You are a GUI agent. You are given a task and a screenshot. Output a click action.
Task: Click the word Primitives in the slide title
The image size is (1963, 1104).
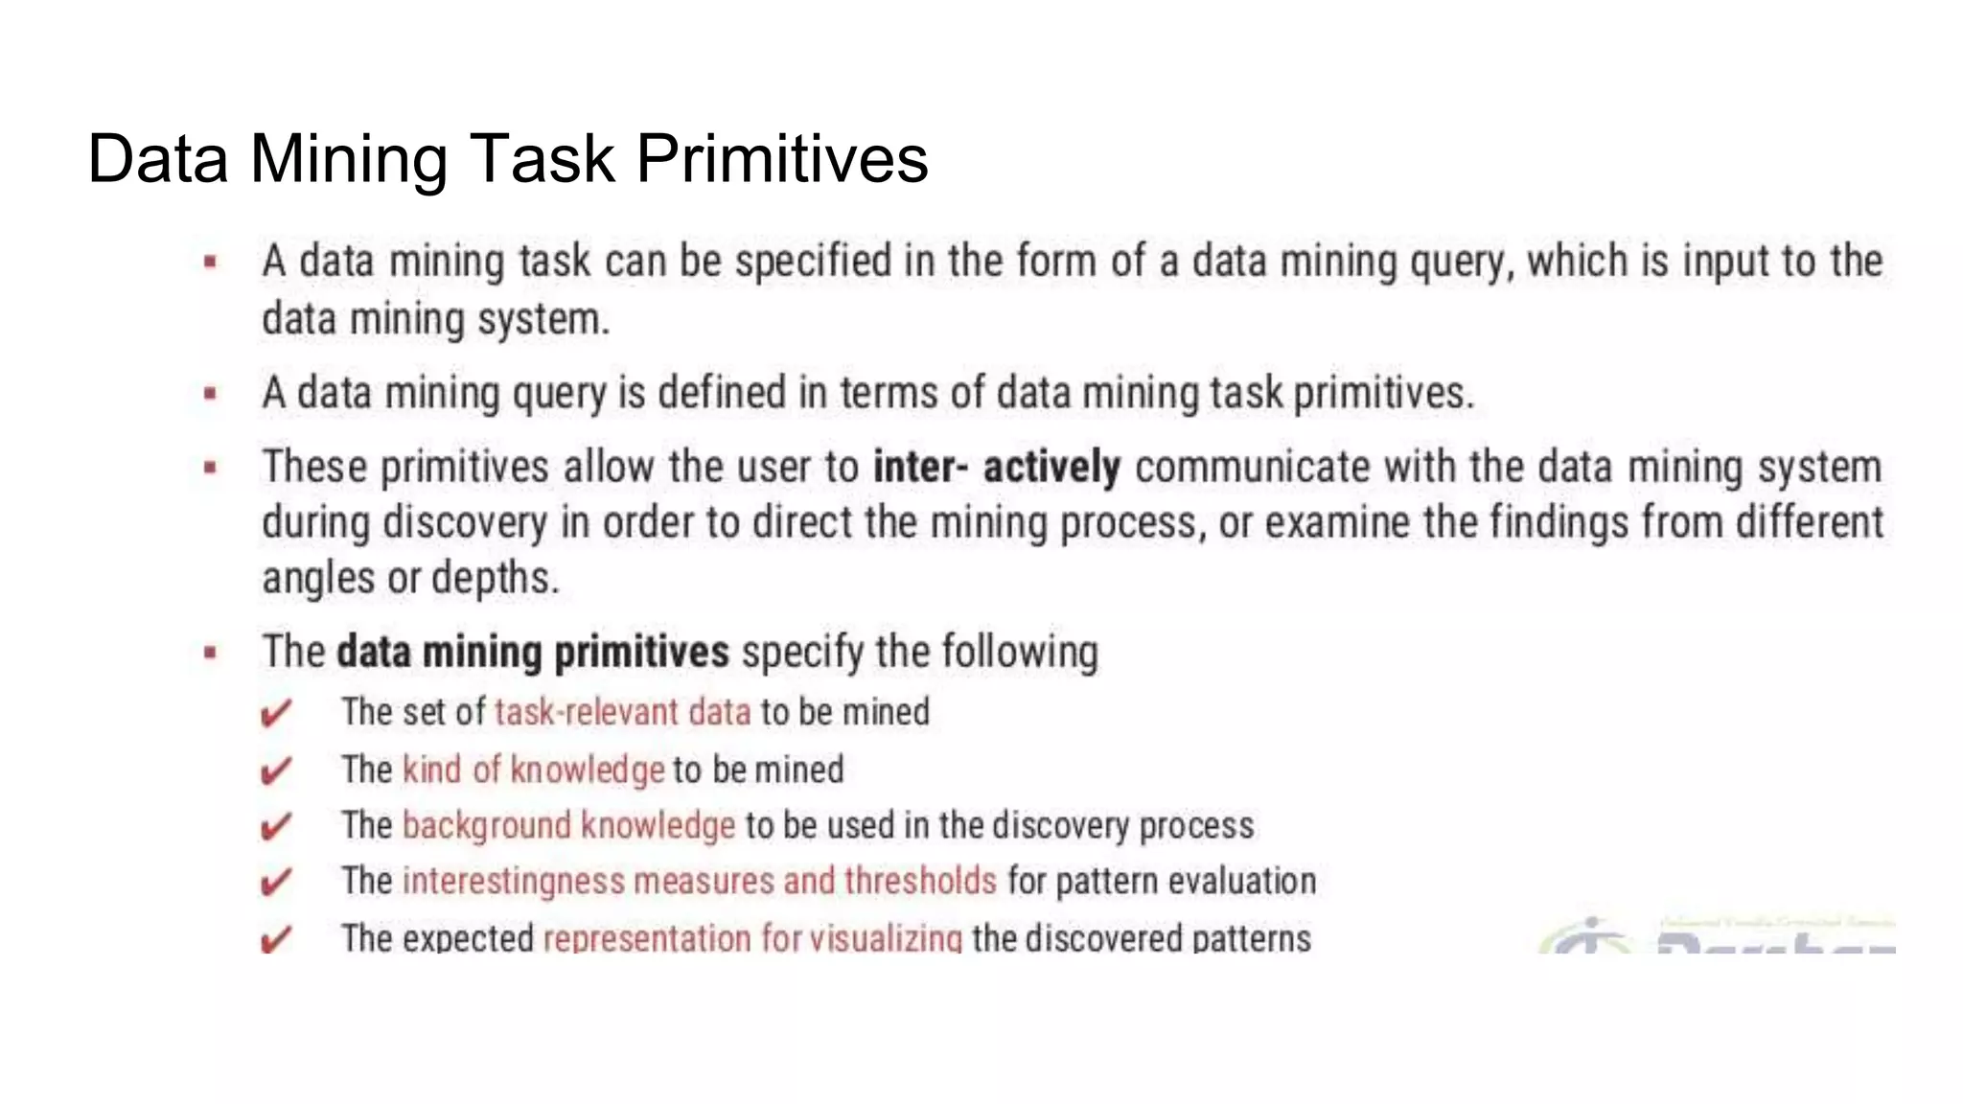[x=781, y=158]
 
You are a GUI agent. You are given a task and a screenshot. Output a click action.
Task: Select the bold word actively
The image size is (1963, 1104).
[x=1051, y=468]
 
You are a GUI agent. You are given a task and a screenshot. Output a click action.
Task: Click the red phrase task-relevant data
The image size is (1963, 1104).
[x=622, y=712]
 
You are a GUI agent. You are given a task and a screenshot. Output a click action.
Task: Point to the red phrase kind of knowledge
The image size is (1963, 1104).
[x=533, y=770]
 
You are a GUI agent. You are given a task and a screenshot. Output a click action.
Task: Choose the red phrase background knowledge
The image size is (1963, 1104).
[x=568, y=825]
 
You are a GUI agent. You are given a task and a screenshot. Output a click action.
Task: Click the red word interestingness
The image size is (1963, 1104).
[x=513, y=881]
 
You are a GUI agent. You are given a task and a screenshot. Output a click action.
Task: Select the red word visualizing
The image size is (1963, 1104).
[x=885, y=938]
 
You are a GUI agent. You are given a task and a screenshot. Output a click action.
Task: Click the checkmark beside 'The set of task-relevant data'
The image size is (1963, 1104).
[x=276, y=714]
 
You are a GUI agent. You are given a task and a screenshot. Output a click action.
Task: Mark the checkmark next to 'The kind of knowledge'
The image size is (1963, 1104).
[x=276, y=770]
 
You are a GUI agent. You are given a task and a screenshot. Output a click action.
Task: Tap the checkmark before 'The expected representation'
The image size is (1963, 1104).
[x=276, y=939]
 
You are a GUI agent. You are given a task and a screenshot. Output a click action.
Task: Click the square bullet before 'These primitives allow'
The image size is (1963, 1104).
[x=211, y=468]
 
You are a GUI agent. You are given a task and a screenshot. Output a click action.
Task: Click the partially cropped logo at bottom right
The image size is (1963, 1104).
[x=1716, y=935]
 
